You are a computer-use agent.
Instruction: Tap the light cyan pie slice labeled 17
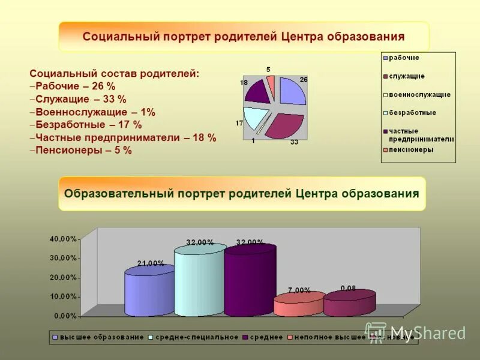(254, 116)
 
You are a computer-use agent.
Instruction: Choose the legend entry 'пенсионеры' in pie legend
(411, 150)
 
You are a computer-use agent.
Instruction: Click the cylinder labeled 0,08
(349, 303)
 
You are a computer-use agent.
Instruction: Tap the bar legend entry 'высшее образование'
(101, 337)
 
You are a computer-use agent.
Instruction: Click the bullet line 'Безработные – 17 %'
(88, 125)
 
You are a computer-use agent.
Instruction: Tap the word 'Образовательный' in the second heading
(119, 193)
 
